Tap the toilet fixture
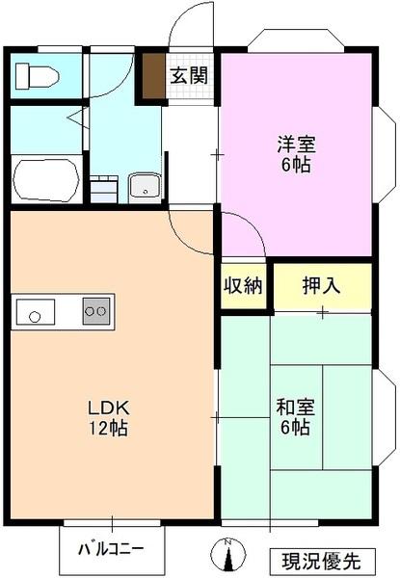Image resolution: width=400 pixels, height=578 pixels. click(x=36, y=74)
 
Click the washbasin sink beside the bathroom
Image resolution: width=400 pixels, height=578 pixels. click(x=145, y=185)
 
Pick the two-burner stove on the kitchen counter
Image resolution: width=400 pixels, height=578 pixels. click(x=97, y=311)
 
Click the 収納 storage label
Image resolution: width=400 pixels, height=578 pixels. click(x=244, y=286)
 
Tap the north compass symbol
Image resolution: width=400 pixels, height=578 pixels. click(x=228, y=556)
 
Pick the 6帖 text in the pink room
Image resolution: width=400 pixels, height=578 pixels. click(x=297, y=166)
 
